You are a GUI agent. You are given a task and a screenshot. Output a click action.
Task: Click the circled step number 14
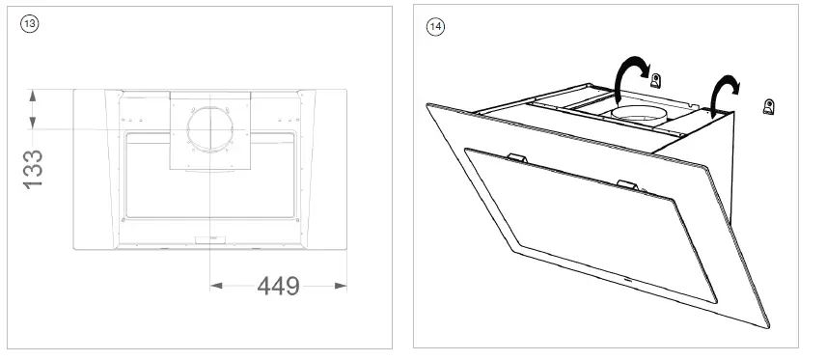(x=435, y=26)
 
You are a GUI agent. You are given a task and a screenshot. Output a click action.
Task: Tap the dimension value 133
(x=34, y=168)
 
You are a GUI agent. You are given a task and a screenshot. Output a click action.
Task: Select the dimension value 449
(x=278, y=287)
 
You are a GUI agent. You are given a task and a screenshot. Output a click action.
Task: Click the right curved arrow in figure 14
(x=723, y=91)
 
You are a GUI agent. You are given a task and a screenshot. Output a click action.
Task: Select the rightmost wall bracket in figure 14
(x=769, y=105)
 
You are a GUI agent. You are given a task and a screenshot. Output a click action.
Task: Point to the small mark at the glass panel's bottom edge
(x=628, y=281)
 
